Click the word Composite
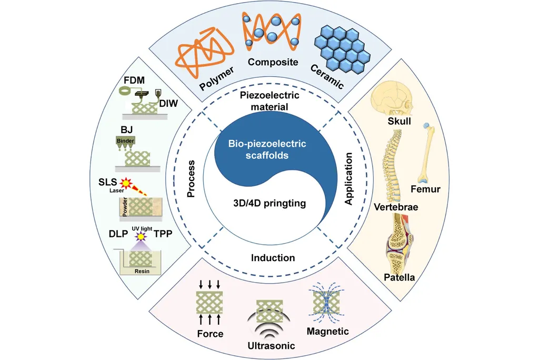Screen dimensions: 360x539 pyautogui.click(x=273, y=62)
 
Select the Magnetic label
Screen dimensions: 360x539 pyautogui.click(x=327, y=331)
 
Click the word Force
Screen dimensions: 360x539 pyautogui.click(x=210, y=334)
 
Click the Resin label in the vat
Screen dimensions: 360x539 pyautogui.click(x=139, y=272)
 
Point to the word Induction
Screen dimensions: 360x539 pyautogui.click(x=273, y=258)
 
